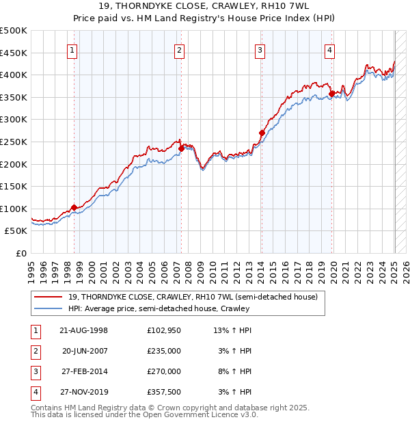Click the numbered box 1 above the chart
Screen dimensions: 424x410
click(x=72, y=49)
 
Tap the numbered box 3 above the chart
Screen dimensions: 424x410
click(x=260, y=49)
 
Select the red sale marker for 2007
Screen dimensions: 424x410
click(x=181, y=148)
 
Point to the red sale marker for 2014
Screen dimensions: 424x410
click(x=262, y=133)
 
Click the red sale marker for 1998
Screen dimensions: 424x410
click(x=74, y=207)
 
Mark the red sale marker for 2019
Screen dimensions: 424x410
click(x=331, y=94)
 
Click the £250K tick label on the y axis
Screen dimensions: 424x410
click(x=14, y=142)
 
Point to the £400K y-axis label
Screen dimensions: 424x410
click(x=14, y=75)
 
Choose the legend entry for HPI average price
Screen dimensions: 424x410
click(x=159, y=309)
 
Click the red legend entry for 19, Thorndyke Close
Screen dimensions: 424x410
click(x=193, y=297)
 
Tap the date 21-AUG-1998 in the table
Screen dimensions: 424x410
click(x=83, y=330)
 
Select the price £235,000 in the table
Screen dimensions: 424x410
click(x=164, y=351)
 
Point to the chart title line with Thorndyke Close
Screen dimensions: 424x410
click(x=205, y=8)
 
